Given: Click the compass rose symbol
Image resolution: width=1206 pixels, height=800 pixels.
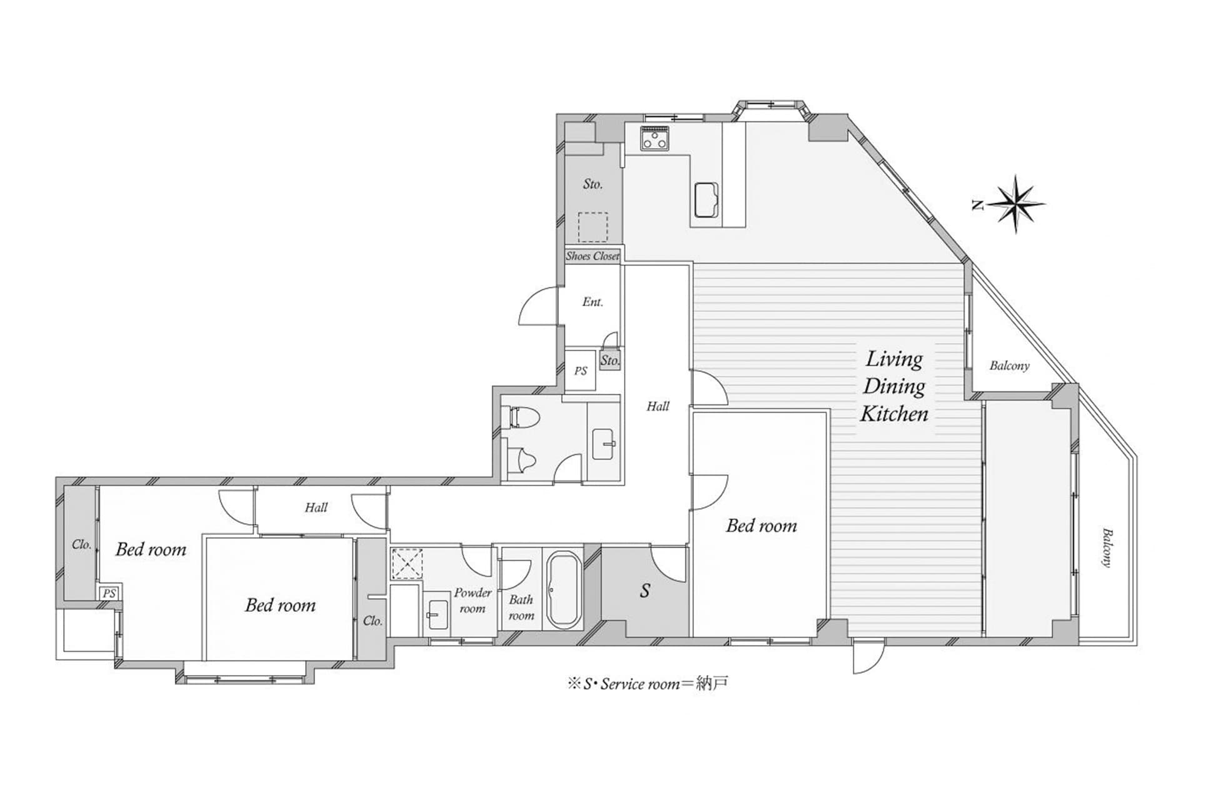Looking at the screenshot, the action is pyautogui.click(x=1015, y=204).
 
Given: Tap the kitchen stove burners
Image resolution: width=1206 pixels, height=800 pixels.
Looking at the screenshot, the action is pyautogui.click(x=655, y=137).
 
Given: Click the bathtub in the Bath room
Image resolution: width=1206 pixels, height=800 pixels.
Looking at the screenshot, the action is pyautogui.click(x=563, y=589).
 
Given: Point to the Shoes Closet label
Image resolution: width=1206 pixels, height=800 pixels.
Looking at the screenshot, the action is pyautogui.click(x=593, y=256).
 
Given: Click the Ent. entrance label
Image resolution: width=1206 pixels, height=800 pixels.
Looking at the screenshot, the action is pyautogui.click(x=593, y=302).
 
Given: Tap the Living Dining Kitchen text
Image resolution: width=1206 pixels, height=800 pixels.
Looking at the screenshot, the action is pyautogui.click(x=894, y=386).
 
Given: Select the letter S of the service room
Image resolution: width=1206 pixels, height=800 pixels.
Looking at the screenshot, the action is pyautogui.click(x=645, y=590).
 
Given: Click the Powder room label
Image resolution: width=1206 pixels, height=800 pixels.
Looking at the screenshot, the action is pyautogui.click(x=473, y=600).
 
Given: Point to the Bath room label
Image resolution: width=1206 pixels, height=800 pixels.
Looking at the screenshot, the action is pyautogui.click(x=521, y=607).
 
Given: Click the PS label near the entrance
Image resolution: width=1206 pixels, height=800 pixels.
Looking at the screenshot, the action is pyautogui.click(x=581, y=371).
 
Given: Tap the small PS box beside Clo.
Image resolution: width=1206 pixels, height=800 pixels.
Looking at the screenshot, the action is pyautogui.click(x=109, y=593).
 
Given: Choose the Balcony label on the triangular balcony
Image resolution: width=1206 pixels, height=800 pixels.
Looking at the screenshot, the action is pyautogui.click(x=1009, y=366).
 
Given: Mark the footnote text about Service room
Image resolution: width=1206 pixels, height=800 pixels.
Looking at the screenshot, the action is pyautogui.click(x=648, y=684).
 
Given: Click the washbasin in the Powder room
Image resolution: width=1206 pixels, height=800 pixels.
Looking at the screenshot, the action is pyautogui.click(x=437, y=614).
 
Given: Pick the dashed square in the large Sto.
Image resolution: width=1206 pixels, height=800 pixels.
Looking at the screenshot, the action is pyautogui.click(x=593, y=227).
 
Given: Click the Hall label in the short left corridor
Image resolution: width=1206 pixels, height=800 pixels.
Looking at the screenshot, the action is pyautogui.click(x=316, y=507).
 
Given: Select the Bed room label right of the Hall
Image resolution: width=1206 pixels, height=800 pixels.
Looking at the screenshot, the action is pyautogui.click(x=761, y=526).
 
